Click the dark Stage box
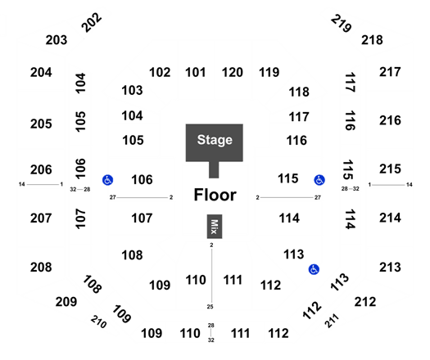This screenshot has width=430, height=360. coord(214,142)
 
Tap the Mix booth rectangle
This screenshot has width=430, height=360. coord(215,227)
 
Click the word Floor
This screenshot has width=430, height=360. coord(215,195)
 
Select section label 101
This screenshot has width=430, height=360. coord(196,73)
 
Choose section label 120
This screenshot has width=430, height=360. coord(233,73)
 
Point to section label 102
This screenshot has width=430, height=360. coord(160,73)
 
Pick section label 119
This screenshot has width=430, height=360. coord(269,73)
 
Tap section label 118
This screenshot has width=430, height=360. coord(299,92)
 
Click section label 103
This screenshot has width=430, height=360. coord(132,90)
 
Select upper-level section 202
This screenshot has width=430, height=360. coord(92,22)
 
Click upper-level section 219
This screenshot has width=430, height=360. coord(342,23)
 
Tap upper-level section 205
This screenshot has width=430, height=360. coord(41,124)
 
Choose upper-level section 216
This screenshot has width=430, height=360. coord(390,120)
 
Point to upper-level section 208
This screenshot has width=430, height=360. coord(41,267)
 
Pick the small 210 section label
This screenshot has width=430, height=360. coord(99,322)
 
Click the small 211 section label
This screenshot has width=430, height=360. coord(332,321)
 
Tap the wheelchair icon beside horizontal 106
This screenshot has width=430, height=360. coord(107,180)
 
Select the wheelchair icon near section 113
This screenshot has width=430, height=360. coord(314,269)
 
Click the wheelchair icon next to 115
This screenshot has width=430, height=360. coord(319,180)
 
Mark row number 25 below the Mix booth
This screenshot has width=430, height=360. coord(210,307)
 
